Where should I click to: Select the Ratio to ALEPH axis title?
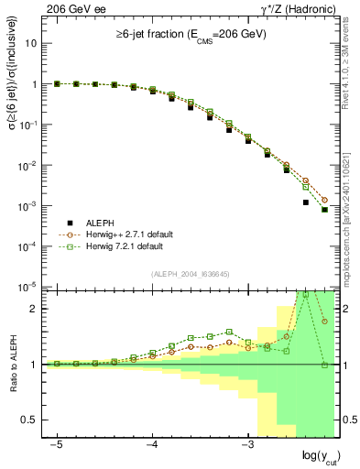[x=13, y=364]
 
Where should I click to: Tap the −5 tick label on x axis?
[x=56, y=442]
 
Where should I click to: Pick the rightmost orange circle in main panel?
[x=324, y=200]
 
